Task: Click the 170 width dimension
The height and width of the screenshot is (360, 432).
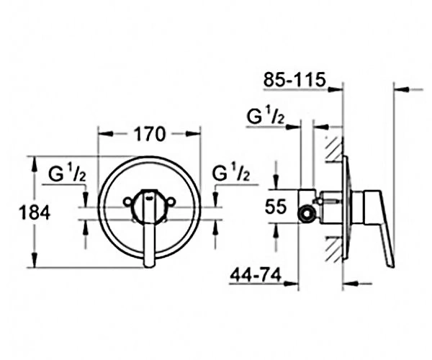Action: (150, 134)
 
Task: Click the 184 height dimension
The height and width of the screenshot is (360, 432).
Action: (35, 212)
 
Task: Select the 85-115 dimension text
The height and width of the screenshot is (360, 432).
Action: (294, 80)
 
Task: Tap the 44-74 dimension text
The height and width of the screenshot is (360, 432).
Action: (256, 275)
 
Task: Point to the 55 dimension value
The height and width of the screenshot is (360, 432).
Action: (276, 207)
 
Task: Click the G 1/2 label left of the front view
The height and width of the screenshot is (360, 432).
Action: (67, 174)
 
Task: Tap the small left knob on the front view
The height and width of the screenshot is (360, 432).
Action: (127, 202)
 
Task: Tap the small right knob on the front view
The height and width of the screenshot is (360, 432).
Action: (171, 202)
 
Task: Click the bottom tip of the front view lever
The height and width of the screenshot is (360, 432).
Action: (149, 266)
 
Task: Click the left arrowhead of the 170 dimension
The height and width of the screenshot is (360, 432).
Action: (106, 134)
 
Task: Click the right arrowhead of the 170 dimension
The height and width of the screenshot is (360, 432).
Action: (194, 134)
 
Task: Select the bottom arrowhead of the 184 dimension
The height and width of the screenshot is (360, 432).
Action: (34, 260)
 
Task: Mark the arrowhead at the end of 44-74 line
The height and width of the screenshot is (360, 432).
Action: (292, 283)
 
